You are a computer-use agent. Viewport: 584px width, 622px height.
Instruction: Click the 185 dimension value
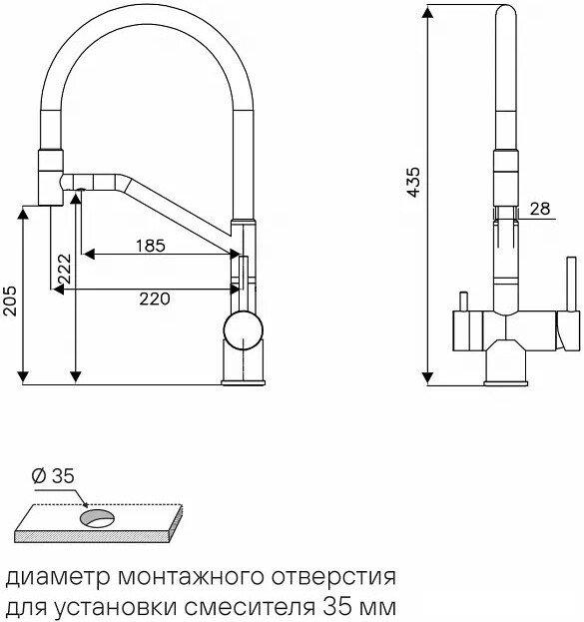tap(151, 246)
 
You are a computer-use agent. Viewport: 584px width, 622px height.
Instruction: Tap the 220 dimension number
tap(155, 299)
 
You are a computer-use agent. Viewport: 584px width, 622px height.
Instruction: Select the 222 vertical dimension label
tap(64, 269)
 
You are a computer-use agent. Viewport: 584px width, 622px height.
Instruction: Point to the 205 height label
tap(10, 302)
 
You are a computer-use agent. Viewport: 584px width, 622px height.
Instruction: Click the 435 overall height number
tap(413, 182)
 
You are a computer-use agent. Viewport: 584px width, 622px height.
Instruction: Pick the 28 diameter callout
tap(540, 209)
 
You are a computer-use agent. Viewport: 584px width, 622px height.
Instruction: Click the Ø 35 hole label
tap(53, 476)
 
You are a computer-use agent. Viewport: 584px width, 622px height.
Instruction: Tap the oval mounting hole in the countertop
tap(97, 518)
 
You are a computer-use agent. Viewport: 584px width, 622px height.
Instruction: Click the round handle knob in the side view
tap(244, 330)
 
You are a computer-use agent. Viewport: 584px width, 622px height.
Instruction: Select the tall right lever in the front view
tap(571, 285)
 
